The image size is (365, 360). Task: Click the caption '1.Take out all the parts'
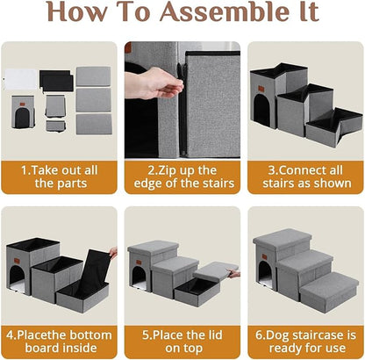pos(61,175)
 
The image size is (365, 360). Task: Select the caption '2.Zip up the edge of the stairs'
pos(182,175)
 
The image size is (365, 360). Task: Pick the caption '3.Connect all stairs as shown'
pos(304,175)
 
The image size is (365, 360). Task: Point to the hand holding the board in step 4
pos(112,253)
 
